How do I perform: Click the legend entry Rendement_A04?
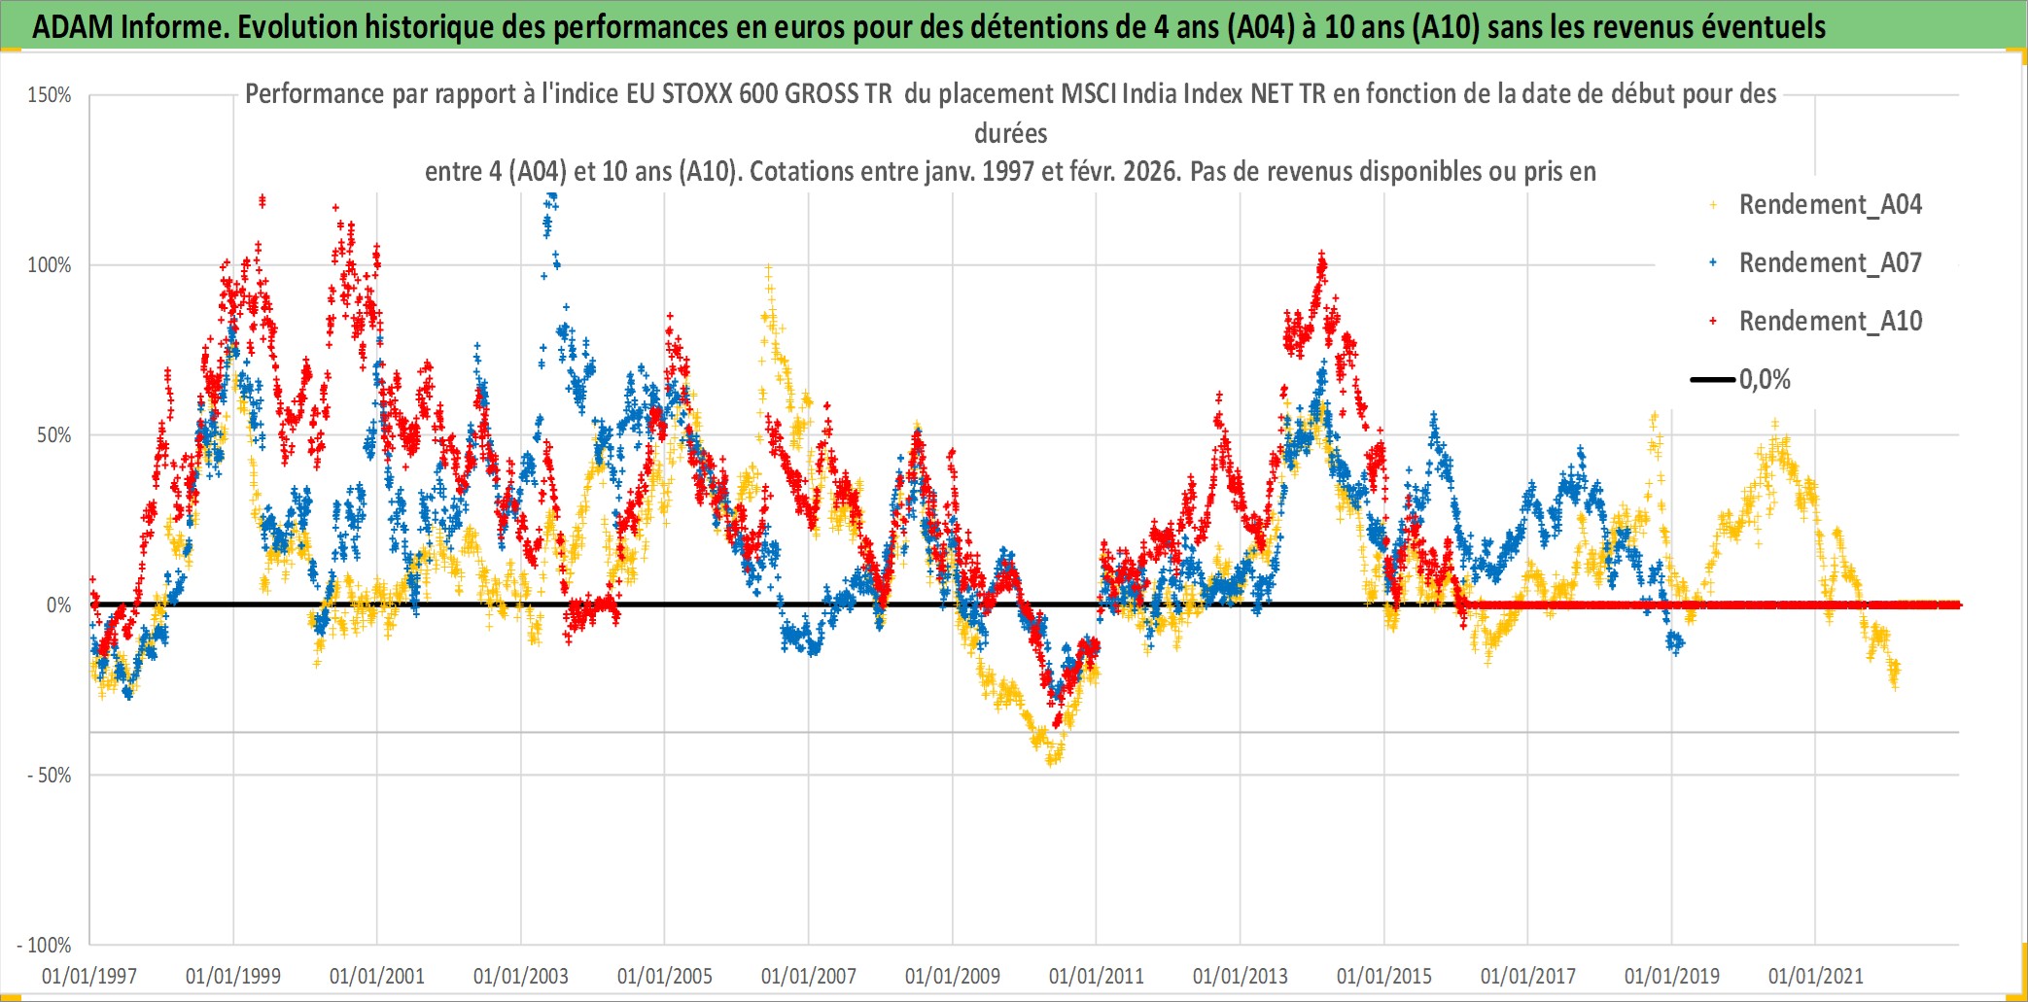pyautogui.click(x=1830, y=205)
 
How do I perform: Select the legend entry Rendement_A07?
pyautogui.click(x=1830, y=263)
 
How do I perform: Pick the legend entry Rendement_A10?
pyautogui.click(x=1830, y=322)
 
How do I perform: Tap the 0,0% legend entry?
pyautogui.click(x=1765, y=380)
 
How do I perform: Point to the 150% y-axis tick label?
pyautogui.click(x=50, y=95)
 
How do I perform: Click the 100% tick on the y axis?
pyautogui.click(x=50, y=265)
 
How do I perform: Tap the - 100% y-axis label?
pyautogui.click(x=45, y=946)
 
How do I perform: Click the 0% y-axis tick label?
pyautogui.click(x=58, y=605)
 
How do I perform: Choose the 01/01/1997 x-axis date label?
pyautogui.click(x=89, y=976)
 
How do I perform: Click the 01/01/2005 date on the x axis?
pyautogui.click(x=665, y=976)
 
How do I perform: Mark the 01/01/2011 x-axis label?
pyautogui.click(x=1097, y=976)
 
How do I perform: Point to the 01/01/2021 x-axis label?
pyautogui.click(x=1816, y=976)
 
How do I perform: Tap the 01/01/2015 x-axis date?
pyautogui.click(x=1384, y=976)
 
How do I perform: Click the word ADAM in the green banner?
pyautogui.click(x=73, y=27)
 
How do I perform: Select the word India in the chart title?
pyautogui.click(x=1154, y=94)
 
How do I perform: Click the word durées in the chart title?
pyautogui.click(x=1011, y=133)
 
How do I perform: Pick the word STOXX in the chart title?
pyautogui.click(x=695, y=94)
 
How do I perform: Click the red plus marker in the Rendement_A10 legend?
pyautogui.click(x=1713, y=322)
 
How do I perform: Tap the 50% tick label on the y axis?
pyautogui.click(x=53, y=435)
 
